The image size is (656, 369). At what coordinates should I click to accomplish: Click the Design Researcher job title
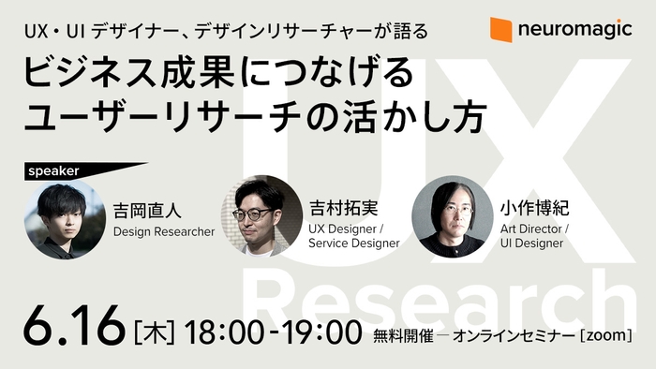tap(164, 230)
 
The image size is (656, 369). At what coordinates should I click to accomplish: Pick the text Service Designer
tap(353, 244)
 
